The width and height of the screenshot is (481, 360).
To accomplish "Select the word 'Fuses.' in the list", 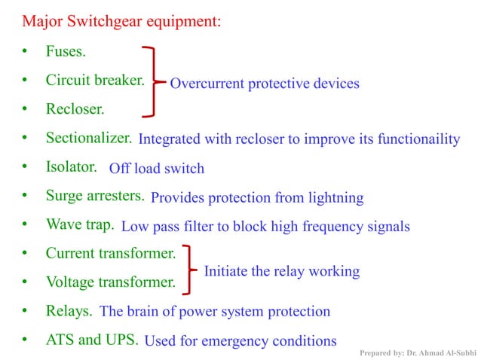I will point(66,53).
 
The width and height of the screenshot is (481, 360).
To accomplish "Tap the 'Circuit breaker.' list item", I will point(94,80).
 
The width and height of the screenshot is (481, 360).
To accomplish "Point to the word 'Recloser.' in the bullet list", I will point(75,109).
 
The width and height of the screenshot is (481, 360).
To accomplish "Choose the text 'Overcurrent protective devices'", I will point(265,84).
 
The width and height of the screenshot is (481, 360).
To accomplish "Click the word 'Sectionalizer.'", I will point(89,139).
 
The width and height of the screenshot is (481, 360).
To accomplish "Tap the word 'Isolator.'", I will point(71,166).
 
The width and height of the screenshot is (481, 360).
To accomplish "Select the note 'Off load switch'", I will point(157,168).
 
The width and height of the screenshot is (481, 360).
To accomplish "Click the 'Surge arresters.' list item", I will point(95,196).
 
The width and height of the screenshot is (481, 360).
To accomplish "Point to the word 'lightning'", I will point(335,198).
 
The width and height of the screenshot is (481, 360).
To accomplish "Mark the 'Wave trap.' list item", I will point(79,224).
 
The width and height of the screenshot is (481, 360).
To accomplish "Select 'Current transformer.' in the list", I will point(110,253).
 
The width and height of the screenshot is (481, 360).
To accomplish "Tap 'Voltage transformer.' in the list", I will point(110,282).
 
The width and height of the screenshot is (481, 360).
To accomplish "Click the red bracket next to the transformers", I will point(192,268).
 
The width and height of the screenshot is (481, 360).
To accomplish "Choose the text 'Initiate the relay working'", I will point(281,271).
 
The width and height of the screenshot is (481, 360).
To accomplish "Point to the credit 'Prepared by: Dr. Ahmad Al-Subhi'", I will point(418,352).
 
